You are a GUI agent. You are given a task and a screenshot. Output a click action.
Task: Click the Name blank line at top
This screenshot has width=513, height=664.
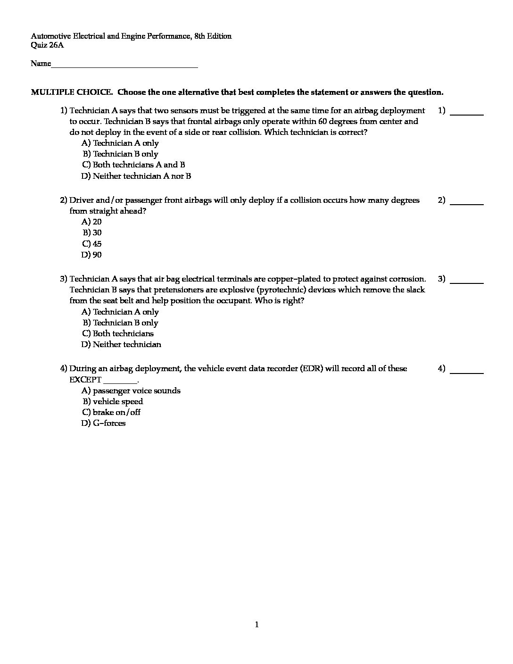[x=124, y=66]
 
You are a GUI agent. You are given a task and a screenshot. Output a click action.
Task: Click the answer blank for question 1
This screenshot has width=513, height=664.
[x=467, y=114]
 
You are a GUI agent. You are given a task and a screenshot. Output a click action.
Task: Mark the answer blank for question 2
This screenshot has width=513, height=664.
[x=467, y=203]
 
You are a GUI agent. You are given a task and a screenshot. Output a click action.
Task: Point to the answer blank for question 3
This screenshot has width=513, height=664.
[x=467, y=282]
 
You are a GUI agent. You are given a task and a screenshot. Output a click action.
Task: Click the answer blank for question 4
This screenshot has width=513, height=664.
[x=467, y=372]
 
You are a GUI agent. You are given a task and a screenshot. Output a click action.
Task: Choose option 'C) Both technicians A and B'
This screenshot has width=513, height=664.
[x=133, y=165]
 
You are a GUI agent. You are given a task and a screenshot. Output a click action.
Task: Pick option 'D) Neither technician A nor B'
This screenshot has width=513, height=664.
[x=136, y=176]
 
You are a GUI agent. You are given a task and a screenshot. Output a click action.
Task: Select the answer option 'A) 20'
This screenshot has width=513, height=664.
[x=92, y=222]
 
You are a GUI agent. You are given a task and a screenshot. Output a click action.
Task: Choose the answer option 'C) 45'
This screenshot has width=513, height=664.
[x=92, y=244]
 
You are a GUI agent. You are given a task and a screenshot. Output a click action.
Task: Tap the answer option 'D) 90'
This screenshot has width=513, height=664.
[x=92, y=255]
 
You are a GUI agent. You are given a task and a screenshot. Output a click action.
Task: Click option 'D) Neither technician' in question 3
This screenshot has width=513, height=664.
[x=122, y=344]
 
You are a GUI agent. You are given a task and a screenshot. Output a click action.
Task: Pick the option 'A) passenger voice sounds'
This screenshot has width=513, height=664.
[x=131, y=390]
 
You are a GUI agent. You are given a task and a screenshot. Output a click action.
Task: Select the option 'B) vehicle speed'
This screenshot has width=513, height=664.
[x=113, y=401]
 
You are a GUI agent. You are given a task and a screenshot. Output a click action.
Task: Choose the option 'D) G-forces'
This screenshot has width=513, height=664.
[x=104, y=423]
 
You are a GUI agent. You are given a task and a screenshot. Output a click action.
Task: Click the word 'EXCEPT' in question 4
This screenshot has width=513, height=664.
[x=85, y=380]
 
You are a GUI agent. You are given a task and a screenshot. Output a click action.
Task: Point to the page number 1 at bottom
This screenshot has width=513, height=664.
[x=256, y=625]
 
